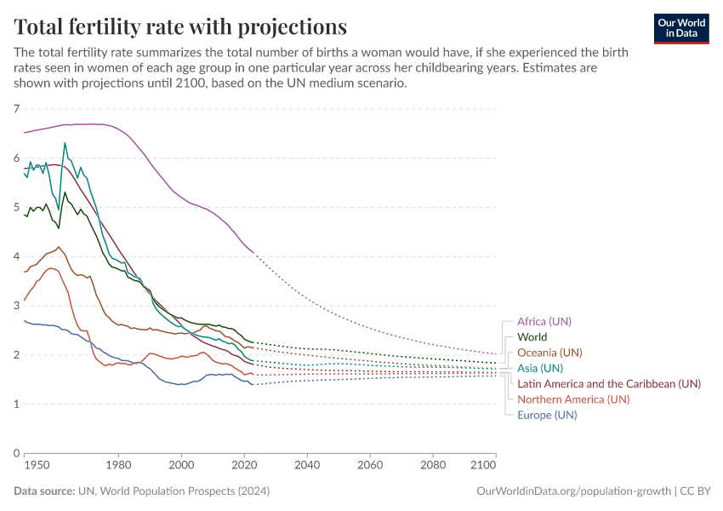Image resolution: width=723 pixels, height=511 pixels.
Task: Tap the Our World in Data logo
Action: tap(681, 27)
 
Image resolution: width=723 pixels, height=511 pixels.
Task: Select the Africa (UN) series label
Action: tap(544, 321)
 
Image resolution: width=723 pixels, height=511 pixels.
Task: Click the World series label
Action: tap(532, 337)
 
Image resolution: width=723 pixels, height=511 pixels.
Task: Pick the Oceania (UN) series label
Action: tap(549, 353)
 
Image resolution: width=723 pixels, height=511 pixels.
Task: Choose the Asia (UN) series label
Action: tap(540, 368)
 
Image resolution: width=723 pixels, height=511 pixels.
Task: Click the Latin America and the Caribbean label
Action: tap(609, 383)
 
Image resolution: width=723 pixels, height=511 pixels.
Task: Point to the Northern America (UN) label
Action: tap(573, 399)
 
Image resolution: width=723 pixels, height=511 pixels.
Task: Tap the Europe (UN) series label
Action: tap(547, 415)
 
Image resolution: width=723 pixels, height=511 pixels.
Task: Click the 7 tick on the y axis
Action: tap(16, 109)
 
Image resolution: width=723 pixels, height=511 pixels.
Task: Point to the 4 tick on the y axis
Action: tap(16, 256)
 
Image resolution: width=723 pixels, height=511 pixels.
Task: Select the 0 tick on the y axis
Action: tap(16, 453)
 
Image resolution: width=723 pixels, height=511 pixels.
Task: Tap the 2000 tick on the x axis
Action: tap(181, 467)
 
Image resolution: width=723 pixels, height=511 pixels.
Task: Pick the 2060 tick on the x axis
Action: tap(369, 467)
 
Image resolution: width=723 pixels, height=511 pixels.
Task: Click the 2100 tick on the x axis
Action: tap(482, 467)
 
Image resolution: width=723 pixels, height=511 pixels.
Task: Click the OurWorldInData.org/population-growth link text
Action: tap(574, 491)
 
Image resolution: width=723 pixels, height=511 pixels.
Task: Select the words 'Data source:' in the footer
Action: tap(43, 491)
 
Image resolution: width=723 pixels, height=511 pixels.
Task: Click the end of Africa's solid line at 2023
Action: tap(253, 252)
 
